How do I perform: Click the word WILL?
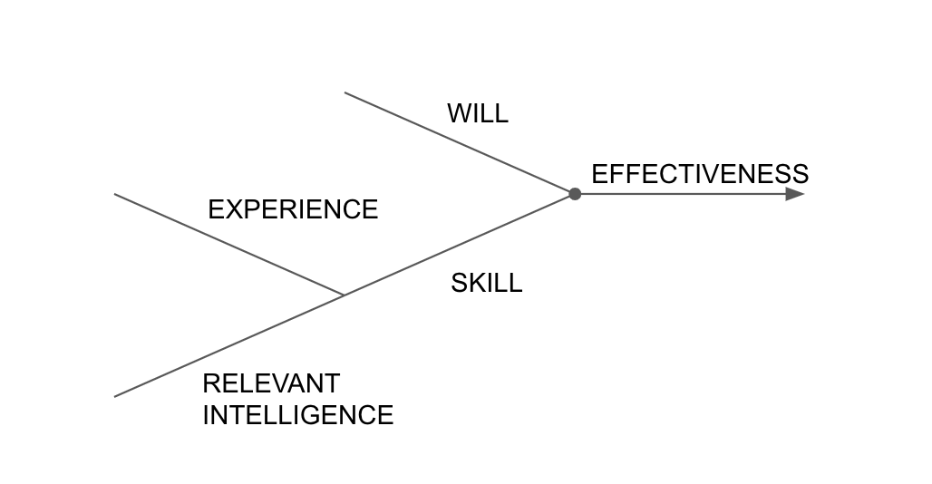(x=478, y=114)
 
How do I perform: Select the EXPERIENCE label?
(x=293, y=210)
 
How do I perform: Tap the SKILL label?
(x=487, y=284)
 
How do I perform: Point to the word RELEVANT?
(x=271, y=383)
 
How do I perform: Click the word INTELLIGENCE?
(x=297, y=415)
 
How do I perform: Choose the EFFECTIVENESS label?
(x=700, y=174)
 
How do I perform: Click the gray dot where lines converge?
(x=575, y=194)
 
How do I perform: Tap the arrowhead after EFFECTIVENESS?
(x=795, y=194)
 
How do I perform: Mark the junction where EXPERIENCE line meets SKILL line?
(x=344, y=295)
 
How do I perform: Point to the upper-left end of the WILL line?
(x=345, y=92)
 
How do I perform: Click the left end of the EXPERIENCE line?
(x=115, y=194)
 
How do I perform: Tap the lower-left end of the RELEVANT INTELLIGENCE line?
(x=115, y=396)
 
